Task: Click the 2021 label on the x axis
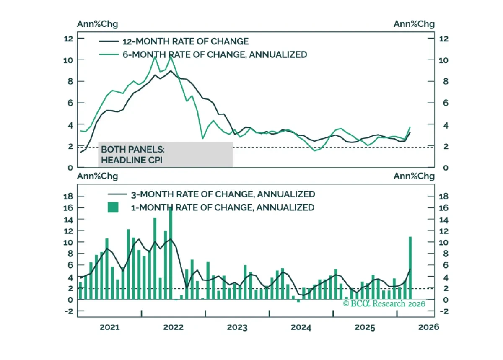point(109,327)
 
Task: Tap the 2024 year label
point(301,327)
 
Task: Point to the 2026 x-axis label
point(428,327)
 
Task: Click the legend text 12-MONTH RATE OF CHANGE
point(185,41)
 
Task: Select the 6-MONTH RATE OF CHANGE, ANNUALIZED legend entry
point(215,54)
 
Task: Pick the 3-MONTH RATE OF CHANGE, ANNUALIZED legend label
point(223,194)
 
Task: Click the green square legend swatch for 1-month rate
point(113,207)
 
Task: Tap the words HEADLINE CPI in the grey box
point(132,160)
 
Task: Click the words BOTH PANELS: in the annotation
point(133,149)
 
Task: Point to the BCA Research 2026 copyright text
point(384,303)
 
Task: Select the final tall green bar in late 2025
point(410,268)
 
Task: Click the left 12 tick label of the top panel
point(68,39)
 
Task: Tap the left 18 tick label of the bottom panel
point(68,196)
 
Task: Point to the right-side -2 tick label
point(444,311)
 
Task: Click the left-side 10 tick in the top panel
point(68,60)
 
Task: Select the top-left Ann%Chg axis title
point(97,24)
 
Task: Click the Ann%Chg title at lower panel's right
point(414,176)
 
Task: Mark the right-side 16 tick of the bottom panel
point(443,208)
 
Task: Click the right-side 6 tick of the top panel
point(446,103)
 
